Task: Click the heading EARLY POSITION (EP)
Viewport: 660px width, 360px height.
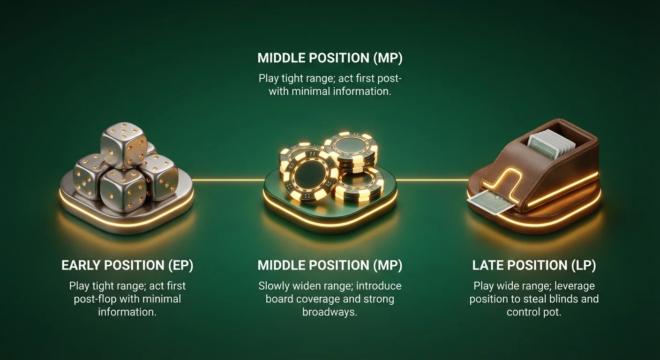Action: pyautogui.click(x=127, y=265)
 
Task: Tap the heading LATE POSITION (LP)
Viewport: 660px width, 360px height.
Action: pyautogui.click(x=534, y=265)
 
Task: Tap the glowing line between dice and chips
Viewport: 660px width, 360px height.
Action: pyautogui.click(x=228, y=180)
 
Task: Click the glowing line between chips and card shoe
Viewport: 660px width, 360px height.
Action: pyautogui.click(x=432, y=180)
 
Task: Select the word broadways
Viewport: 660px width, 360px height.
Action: pyautogui.click(x=330, y=312)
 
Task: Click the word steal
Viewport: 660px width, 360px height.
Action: pyautogui.click(x=527, y=299)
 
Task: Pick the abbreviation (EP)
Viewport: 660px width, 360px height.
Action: pyautogui.click(x=181, y=265)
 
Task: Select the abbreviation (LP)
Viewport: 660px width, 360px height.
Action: pyautogui.click(x=584, y=265)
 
